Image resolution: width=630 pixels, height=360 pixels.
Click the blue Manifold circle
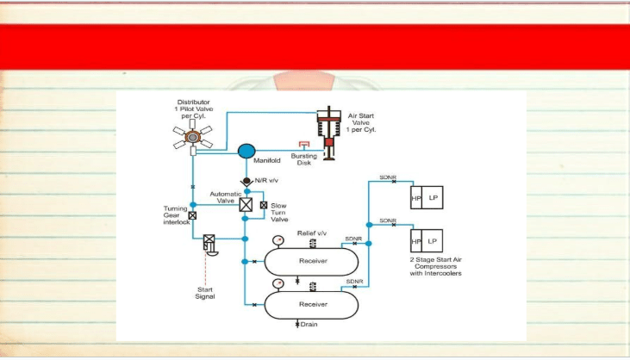coord(246,152)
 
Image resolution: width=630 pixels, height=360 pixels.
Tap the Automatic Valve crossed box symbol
coord(246,205)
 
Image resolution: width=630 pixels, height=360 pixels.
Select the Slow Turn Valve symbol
coord(264,205)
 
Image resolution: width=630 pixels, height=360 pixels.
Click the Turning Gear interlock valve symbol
coord(192,215)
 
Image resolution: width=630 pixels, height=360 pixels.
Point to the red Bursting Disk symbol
coord(304,144)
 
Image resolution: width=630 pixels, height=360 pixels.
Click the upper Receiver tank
coord(311,261)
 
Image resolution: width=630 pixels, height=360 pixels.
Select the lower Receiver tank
coord(311,305)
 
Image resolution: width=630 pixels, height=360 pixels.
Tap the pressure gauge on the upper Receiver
coord(278,241)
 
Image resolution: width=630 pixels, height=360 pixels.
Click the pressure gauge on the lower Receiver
coord(278,283)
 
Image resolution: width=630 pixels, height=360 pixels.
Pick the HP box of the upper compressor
coord(416,197)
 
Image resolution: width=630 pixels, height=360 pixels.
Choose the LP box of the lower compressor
coord(432,241)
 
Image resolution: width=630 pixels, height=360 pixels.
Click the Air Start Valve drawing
coord(329,133)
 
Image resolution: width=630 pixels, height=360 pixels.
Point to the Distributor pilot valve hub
coord(193,137)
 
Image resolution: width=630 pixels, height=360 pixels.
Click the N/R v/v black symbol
coord(246,182)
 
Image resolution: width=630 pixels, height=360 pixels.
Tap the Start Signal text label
coord(205,293)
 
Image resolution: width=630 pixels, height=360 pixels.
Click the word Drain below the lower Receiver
coord(309,325)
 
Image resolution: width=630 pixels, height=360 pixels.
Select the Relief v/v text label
coord(312,233)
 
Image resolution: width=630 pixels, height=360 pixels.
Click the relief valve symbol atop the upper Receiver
coord(313,244)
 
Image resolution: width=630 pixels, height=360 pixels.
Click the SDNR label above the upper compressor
coord(388,177)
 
